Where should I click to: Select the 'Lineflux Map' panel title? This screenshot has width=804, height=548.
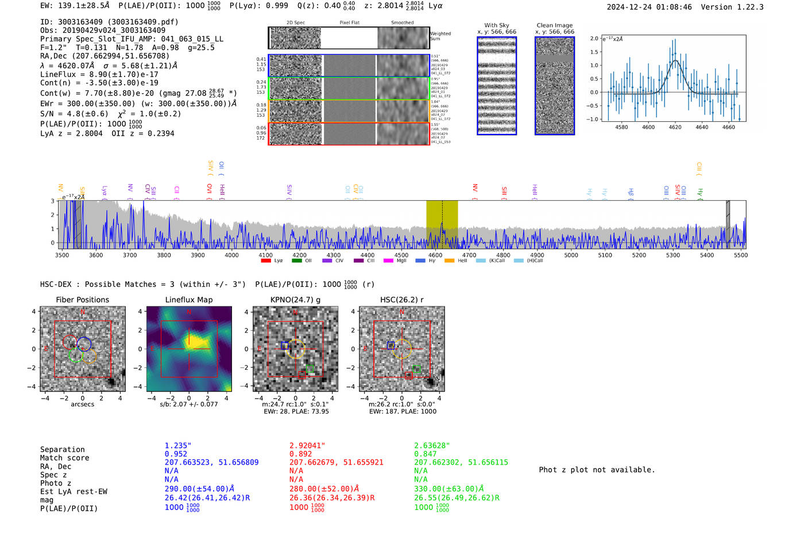coord(188,300)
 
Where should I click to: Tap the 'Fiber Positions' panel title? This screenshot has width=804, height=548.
coord(82,300)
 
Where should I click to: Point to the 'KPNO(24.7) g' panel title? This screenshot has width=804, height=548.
coord(295,300)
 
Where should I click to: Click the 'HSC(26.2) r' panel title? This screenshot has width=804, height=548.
coord(401,300)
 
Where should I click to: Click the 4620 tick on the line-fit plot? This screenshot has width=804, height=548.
coord(675,127)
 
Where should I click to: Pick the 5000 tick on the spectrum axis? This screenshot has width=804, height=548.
coord(571,255)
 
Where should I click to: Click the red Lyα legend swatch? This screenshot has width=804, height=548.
coord(266,260)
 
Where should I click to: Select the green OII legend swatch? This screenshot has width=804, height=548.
coord(296,260)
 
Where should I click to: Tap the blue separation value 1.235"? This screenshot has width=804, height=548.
coord(178,446)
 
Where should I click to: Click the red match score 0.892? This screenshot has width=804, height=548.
coord(300,454)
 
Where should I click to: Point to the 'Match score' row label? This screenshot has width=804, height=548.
coord(64,458)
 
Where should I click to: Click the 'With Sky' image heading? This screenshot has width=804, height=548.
coord(496,25)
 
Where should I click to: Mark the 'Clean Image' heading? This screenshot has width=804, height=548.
coord(554,25)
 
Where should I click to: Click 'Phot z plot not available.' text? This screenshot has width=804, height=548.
coord(597,470)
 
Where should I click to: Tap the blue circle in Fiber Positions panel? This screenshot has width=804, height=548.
coord(84,344)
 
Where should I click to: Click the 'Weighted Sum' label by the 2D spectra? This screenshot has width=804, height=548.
coord(440,36)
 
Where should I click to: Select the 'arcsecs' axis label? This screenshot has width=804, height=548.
coord(82,404)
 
